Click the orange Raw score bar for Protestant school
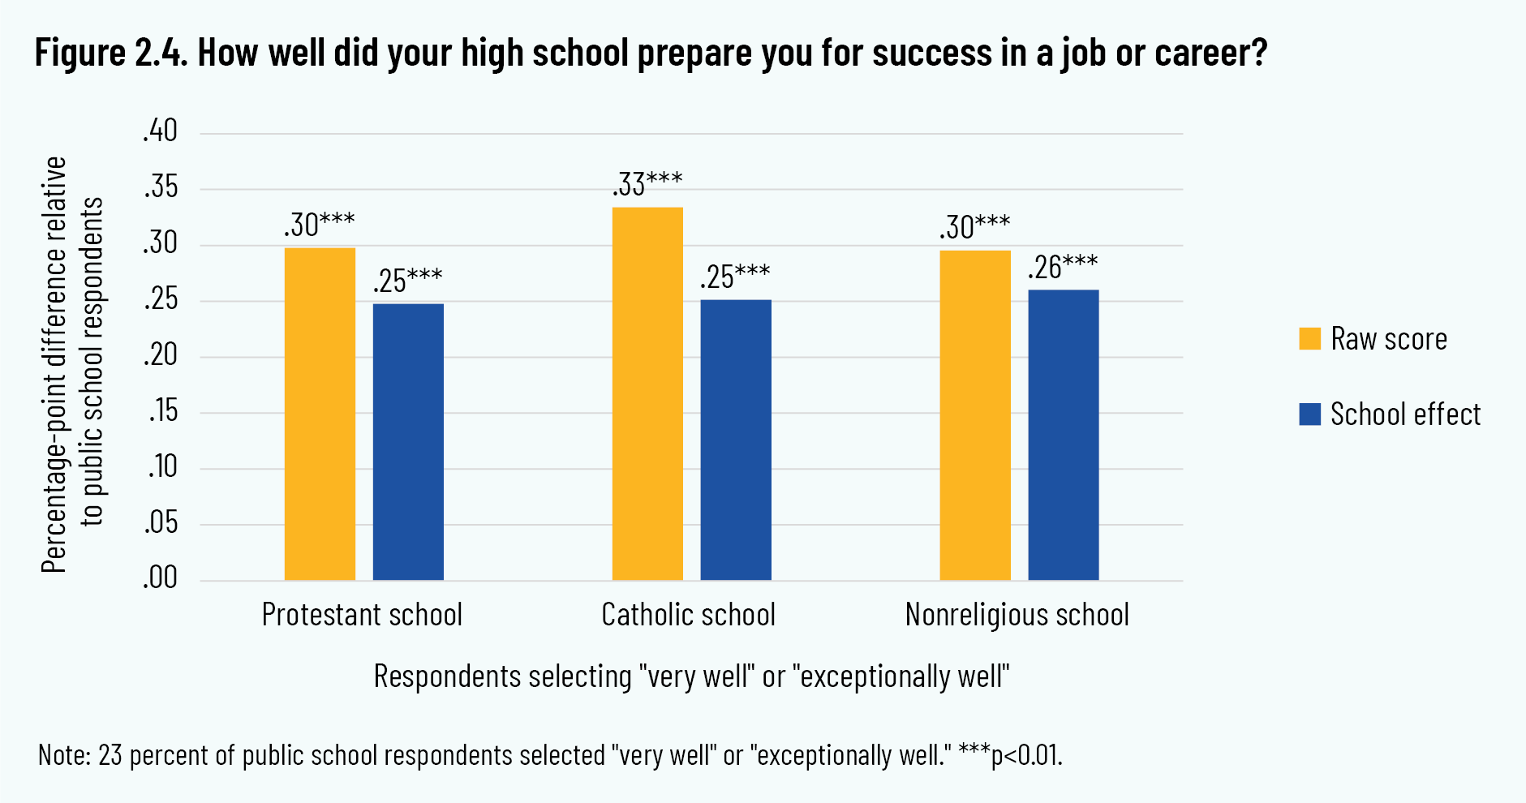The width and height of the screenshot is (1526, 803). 320,414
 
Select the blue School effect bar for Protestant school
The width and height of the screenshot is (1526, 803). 408,442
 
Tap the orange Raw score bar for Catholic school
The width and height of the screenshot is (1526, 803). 647,393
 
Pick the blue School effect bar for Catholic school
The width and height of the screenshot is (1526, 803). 736,440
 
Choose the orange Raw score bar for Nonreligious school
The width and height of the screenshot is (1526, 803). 975,415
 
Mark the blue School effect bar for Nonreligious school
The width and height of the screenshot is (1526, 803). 1064,435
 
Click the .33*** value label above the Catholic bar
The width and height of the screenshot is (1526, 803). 647,184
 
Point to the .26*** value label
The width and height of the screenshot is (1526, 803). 1063,267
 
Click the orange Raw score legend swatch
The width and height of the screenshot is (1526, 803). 1309,339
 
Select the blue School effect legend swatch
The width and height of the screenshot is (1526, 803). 1309,414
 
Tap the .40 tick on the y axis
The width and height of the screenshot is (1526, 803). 160,131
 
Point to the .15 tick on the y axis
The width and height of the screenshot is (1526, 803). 161,411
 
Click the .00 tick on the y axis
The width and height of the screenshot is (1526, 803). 160,578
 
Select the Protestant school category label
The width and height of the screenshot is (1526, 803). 362,615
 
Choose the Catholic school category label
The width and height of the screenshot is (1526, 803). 688,615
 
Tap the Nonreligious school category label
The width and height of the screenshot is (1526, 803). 1017,615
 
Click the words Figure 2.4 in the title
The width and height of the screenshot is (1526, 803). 110,54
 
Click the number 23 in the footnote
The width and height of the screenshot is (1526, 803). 110,755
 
